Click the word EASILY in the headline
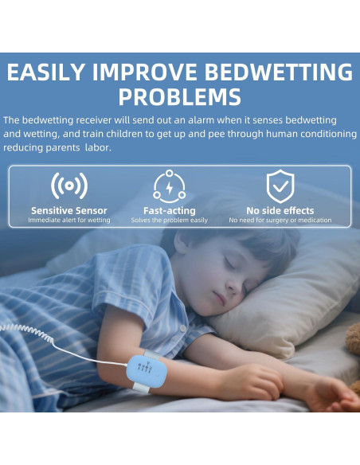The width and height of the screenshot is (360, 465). pyautogui.click(x=45, y=72)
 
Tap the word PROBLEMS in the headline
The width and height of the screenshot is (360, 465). pyautogui.click(x=180, y=97)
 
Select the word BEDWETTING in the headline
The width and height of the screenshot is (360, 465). pyautogui.click(x=277, y=72)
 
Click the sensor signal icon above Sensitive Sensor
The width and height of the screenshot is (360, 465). pyautogui.click(x=68, y=186)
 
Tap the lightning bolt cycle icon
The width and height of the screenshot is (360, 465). pyautogui.click(x=169, y=186)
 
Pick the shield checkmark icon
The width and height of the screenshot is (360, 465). pyautogui.click(x=280, y=186)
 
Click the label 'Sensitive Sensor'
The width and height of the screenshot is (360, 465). pyautogui.click(x=68, y=210)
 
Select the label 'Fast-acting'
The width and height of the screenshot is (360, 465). pyautogui.click(x=169, y=210)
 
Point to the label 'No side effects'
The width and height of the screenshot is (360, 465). pyautogui.click(x=280, y=210)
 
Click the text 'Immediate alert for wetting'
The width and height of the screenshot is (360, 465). pyautogui.click(x=68, y=221)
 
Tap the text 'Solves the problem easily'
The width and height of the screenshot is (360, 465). pyautogui.click(x=169, y=221)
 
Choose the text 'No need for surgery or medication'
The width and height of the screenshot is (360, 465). pyautogui.click(x=280, y=221)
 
